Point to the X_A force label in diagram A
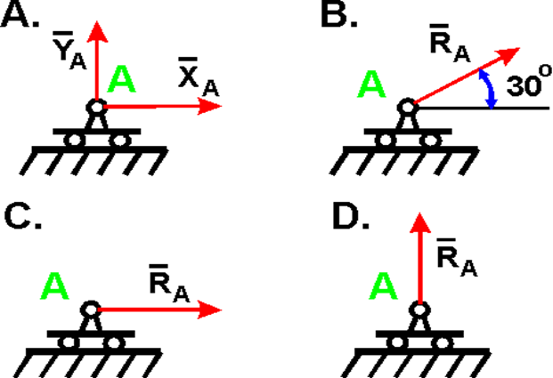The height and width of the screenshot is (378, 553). click(194, 79)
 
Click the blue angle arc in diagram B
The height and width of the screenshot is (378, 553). click(488, 89)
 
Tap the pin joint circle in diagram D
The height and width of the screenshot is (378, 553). click(418, 310)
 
